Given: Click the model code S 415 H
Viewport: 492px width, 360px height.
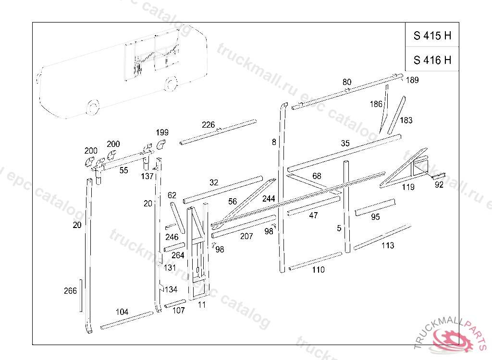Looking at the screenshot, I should (x=432, y=36).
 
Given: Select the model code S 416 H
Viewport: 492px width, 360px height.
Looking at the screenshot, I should (x=432, y=60).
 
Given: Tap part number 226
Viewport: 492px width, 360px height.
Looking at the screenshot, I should (x=208, y=125).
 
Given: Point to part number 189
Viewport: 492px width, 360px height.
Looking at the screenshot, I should (x=412, y=80).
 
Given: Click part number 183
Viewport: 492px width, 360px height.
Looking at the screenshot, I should (x=406, y=120).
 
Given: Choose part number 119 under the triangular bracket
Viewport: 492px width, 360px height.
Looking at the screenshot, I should (x=408, y=187).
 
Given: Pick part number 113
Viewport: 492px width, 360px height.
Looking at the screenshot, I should (x=388, y=246).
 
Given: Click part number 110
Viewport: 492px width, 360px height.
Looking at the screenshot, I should (x=318, y=270).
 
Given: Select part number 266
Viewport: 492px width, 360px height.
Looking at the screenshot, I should (x=70, y=291).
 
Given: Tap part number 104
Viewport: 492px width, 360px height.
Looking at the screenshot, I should (x=122, y=312).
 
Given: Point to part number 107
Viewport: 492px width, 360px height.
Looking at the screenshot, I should (x=178, y=310).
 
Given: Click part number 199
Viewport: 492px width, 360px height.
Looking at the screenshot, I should (x=162, y=132).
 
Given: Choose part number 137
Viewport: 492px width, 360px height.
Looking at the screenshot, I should (x=147, y=176).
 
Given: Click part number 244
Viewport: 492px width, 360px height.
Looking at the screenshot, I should (x=269, y=198).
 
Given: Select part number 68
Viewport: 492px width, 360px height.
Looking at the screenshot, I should (x=317, y=176).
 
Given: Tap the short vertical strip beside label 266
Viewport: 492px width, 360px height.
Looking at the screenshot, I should (x=81, y=295).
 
